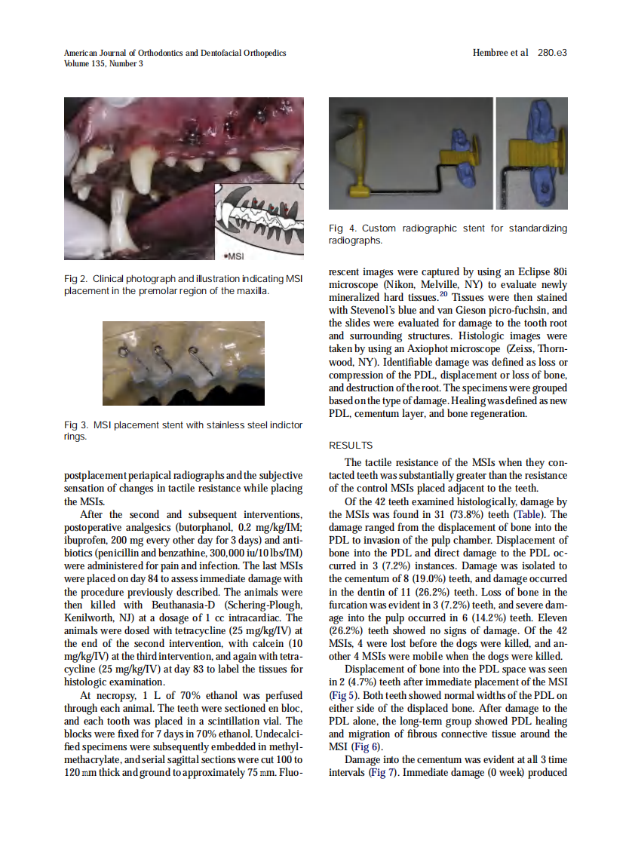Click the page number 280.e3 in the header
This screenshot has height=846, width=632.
[x=552, y=53]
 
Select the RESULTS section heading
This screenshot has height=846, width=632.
[x=351, y=445]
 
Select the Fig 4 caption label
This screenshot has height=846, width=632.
[x=342, y=228]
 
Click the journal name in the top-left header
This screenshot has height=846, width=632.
[x=175, y=53]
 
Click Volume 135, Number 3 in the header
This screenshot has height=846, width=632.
[x=103, y=63]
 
